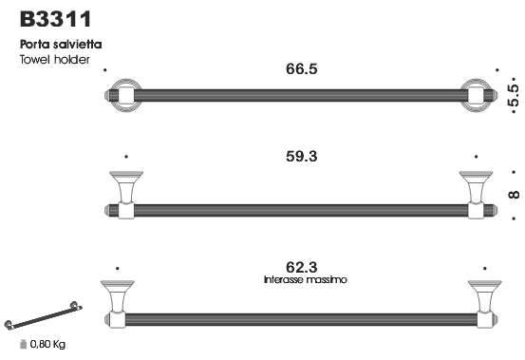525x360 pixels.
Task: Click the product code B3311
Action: [x=56, y=19]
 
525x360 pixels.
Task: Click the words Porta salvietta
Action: [x=61, y=45]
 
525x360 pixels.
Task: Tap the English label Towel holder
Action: [x=55, y=60]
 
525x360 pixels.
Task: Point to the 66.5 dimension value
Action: [x=301, y=69]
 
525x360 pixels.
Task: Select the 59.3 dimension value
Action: [x=301, y=157]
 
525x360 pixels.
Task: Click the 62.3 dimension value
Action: [x=301, y=267]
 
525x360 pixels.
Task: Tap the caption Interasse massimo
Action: [x=305, y=279]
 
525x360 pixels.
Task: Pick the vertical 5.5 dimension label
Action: [x=514, y=95]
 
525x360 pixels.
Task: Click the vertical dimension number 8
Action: [x=514, y=195]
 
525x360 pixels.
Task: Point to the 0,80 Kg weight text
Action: [x=47, y=344]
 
